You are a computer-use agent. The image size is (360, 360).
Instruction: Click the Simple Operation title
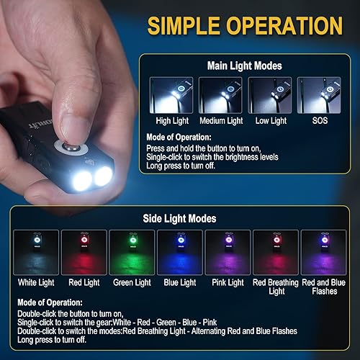click(x=245, y=26)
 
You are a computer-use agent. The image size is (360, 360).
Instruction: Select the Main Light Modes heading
click(x=243, y=65)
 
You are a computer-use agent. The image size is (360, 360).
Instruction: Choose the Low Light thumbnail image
click(x=269, y=94)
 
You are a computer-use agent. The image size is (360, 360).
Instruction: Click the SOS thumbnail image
click(x=320, y=94)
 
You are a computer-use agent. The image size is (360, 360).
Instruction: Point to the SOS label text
click(x=320, y=120)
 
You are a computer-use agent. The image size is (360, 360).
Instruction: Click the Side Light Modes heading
click(x=180, y=217)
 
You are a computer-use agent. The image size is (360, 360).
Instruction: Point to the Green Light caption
click(x=132, y=283)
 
